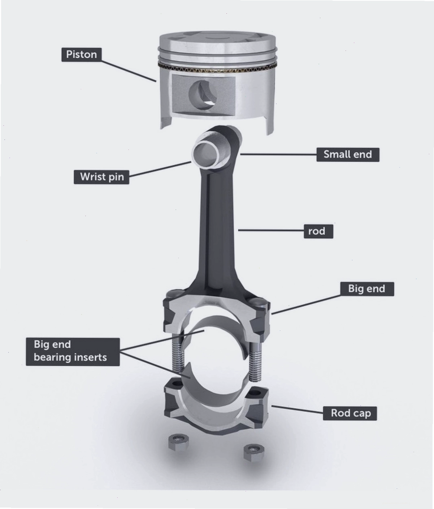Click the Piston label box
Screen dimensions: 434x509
(81, 55)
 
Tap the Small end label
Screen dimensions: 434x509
(347, 155)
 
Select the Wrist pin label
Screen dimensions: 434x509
(101, 177)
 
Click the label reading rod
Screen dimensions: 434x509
(318, 231)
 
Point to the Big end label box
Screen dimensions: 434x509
(367, 289)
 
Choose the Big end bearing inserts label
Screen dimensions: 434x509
(73, 351)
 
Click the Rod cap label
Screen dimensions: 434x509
(350, 413)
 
